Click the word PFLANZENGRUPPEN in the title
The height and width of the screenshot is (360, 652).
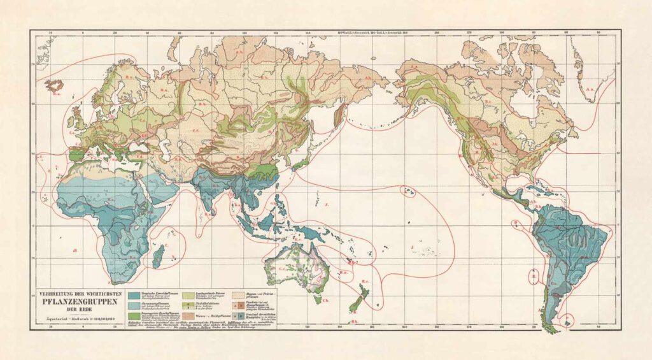(x=78, y=301)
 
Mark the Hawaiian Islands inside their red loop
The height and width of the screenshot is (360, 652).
(x=407, y=191)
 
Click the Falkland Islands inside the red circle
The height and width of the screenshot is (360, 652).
(x=568, y=319)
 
